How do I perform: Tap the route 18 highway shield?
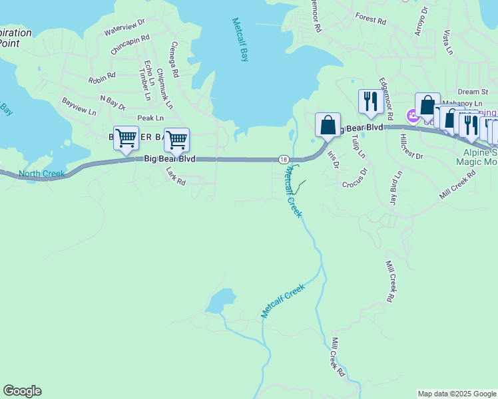point(284,160)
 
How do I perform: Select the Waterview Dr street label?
point(124,27)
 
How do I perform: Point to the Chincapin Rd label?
point(130,45)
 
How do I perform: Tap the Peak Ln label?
point(150,118)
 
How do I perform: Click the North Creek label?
point(41,174)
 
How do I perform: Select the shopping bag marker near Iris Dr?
point(328,124)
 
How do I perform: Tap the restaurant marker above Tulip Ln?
point(371,102)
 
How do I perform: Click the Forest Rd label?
point(371,19)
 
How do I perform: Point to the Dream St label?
point(473,92)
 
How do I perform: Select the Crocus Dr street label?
point(355,178)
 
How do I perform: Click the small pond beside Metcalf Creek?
point(221,301)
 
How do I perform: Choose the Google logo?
point(22,391)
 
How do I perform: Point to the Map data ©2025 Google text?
point(456,394)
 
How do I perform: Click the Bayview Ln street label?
point(79,107)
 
